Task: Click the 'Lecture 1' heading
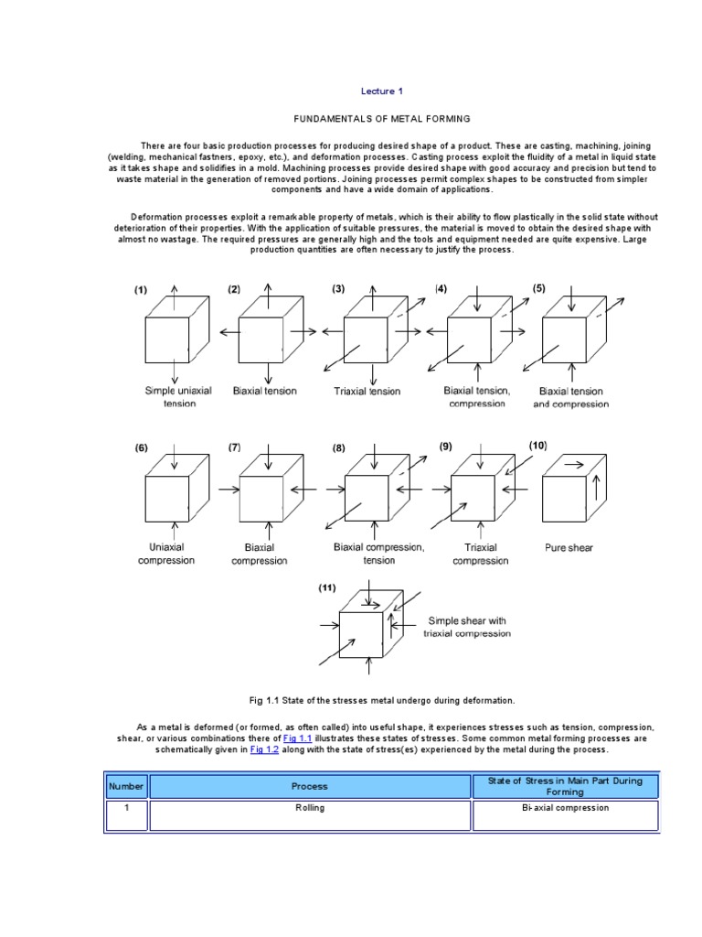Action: (x=381, y=92)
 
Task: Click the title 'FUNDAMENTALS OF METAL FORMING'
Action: (x=381, y=119)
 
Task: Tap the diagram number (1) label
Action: (x=141, y=291)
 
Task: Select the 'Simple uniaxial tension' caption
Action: (x=178, y=396)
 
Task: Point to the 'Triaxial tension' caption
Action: (x=367, y=391)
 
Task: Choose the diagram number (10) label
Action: (x=537, y=445)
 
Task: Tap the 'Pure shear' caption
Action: (x=569, y=548)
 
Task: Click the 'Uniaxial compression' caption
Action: (x=165, y=554)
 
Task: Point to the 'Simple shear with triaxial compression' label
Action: (x=467, y=627)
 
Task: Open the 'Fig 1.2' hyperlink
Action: (x=265, y=749)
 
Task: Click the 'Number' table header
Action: (x=126, y=786)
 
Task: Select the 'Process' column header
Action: (x=309, y=786)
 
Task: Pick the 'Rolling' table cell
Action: (x=309, y=808)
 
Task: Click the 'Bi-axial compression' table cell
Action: (x=566, y=808)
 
